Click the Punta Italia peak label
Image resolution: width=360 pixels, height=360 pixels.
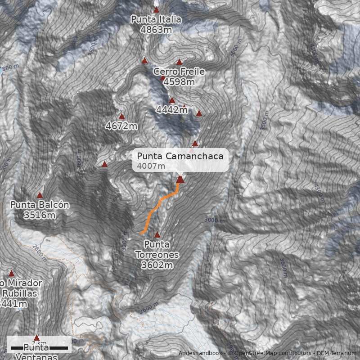click(x=156, y=20)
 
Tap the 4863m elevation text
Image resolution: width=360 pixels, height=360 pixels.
click(x=156, y=30)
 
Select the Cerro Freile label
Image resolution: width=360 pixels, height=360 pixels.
click(x=179, y=72)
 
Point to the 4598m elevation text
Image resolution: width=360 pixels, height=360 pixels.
click(x=179, y=82)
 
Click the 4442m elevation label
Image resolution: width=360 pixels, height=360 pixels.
click(x=172, y=110)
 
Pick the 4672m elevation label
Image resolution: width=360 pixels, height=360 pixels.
click(x=121, y=126)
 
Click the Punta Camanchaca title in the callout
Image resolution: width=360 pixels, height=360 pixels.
click(x=180, y=156)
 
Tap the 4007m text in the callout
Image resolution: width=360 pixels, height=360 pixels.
click(x=149, y=166)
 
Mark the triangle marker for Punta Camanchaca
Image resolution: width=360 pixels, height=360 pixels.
click(x=180, y=180)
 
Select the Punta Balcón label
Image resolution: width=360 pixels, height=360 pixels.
click(x=40, y=205)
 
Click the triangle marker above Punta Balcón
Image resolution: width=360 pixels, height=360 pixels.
click(x=40, y=195)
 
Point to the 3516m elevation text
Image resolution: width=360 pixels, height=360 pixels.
click(x=40, y=216)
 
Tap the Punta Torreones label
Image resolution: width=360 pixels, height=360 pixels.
click(x=157, y=250)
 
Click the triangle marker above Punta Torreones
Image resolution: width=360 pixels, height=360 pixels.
click(x=157, y=234)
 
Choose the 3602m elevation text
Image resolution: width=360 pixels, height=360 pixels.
click(x=157, y=265)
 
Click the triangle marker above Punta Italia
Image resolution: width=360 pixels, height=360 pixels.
click(x=156, y=9)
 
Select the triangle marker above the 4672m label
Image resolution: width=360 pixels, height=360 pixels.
click(x=121, y=117)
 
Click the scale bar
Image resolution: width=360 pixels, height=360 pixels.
click(x=39, y=348)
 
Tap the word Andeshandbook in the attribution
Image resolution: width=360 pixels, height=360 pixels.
click(x=201, y=353)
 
